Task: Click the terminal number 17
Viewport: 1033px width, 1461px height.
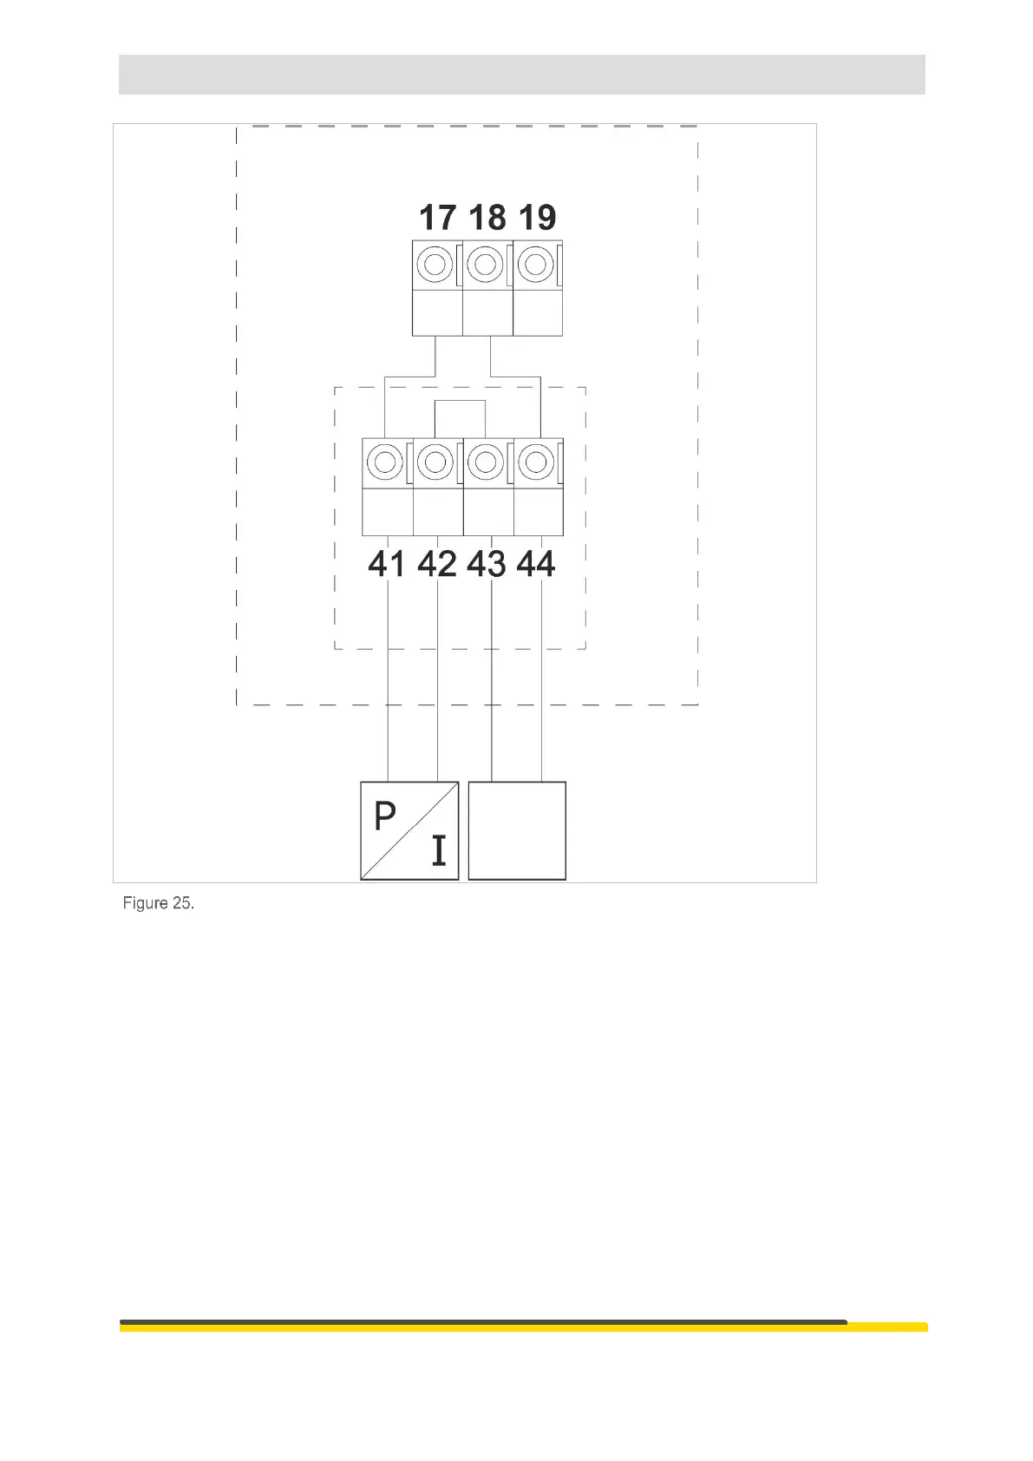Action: click(x=437, y=217)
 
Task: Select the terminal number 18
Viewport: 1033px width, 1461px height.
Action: click(x=487, y=217)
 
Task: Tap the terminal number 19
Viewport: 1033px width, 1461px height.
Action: click(x=537, y=217)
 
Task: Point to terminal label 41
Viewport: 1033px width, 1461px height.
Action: click(x=386, y=564)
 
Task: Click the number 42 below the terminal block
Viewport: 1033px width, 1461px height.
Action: click(x=436, y=564)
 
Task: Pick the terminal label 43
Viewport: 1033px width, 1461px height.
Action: click(x=486, y=564)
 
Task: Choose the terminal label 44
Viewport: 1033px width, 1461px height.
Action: click(x=536, y=564)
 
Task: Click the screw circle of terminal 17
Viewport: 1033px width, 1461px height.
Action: click(x=435, y=264)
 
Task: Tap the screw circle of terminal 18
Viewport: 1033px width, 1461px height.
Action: click(x=486, y=264)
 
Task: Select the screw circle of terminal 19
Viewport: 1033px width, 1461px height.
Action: click(x=536, y=264)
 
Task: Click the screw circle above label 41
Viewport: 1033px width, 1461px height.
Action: click(x=385, y=462)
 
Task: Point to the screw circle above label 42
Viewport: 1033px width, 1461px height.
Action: click(x=435, y=462)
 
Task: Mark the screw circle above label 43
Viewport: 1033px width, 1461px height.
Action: click(x=486, y=462)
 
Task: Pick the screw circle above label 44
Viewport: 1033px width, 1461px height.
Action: click(x=536, y=462)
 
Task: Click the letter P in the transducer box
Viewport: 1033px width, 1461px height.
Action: click(x=384, y=816)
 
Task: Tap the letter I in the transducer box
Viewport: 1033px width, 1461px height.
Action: click(x=439, y=851)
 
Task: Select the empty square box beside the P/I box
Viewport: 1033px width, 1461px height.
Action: click(x=517, y=830)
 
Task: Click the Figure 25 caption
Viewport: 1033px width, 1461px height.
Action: click(x=158, y=903)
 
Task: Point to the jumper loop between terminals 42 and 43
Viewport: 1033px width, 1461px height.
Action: click(x=460, y=402)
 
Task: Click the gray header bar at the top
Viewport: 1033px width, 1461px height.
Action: click(x=521, y=74)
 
